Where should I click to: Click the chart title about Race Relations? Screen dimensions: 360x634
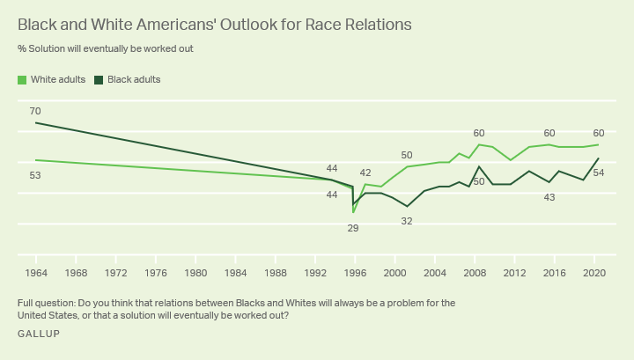point(214,25)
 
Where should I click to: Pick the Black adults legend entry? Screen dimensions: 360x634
point(127,79)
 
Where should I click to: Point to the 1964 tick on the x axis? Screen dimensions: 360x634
point(36,272)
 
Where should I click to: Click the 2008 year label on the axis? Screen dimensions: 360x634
point(475,272)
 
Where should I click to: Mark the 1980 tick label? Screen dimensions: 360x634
point(195,272)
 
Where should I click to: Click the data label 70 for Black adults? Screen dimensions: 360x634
point(35,111)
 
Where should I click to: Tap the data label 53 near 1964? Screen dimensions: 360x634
point(35,175)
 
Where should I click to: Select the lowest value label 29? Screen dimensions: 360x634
point(353,228)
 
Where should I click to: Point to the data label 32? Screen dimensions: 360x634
point(407,221)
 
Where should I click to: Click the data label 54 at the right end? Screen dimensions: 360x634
point(599,173)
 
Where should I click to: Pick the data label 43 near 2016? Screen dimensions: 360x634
point(549,197)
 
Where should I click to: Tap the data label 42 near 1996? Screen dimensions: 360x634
point(365,173)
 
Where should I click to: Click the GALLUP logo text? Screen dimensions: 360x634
point(39,335)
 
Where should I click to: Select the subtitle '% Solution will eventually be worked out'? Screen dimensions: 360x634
point(105,48)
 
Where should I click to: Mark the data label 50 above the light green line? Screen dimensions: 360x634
point(407,155)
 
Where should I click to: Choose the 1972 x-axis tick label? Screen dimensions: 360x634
point(116,272)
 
